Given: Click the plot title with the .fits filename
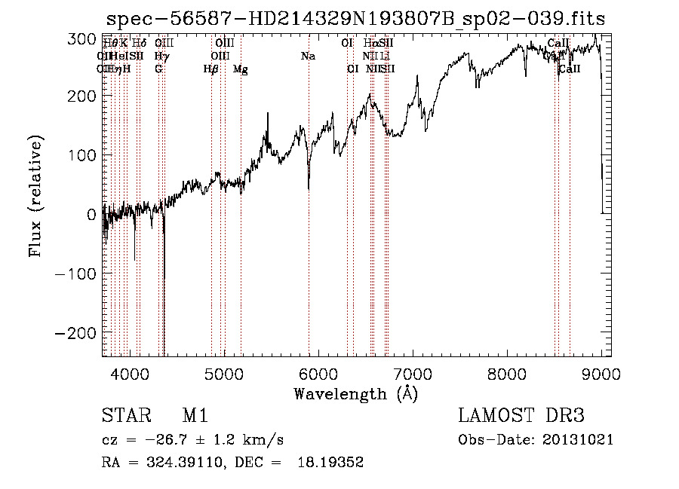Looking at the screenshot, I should [x=356, y=17].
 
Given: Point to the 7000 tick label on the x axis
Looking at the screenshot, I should [x=413, y=373].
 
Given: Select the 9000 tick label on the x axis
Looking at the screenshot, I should [x=601, y=373].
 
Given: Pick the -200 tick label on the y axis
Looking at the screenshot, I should [x=75, y=333].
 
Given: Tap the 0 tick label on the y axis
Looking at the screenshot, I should [x=91, y=215].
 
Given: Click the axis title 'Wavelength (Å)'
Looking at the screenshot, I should [x=355, y=393].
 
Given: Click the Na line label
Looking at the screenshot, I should [x=308, y=56].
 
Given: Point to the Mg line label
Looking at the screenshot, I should [x=241, y=69].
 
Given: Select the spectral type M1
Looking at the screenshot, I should [x=195, y=417].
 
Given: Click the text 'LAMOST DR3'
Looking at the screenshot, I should [x=521, y=417].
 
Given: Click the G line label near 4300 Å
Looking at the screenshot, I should [x=158, y=69].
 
